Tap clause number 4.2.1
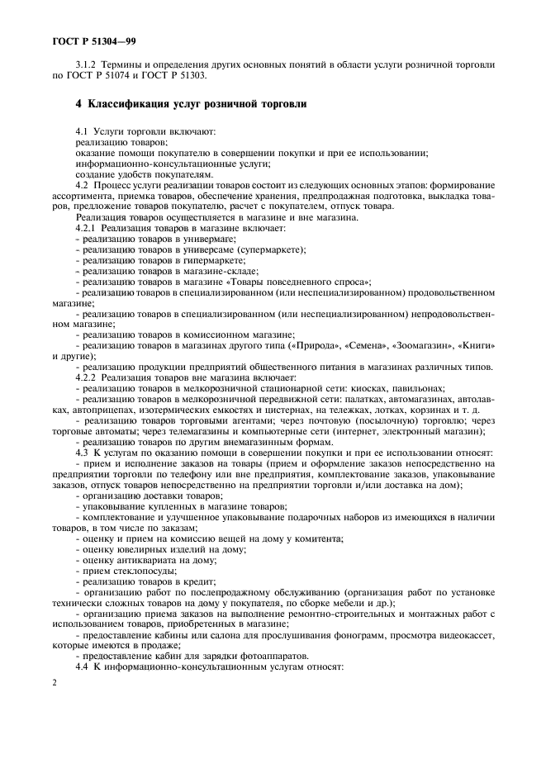pyautogui.click(x=89, y=226)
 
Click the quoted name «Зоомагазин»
pyautogui.click(x=424, y=344)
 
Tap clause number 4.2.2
pyautogui.click(x=89, y=377)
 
